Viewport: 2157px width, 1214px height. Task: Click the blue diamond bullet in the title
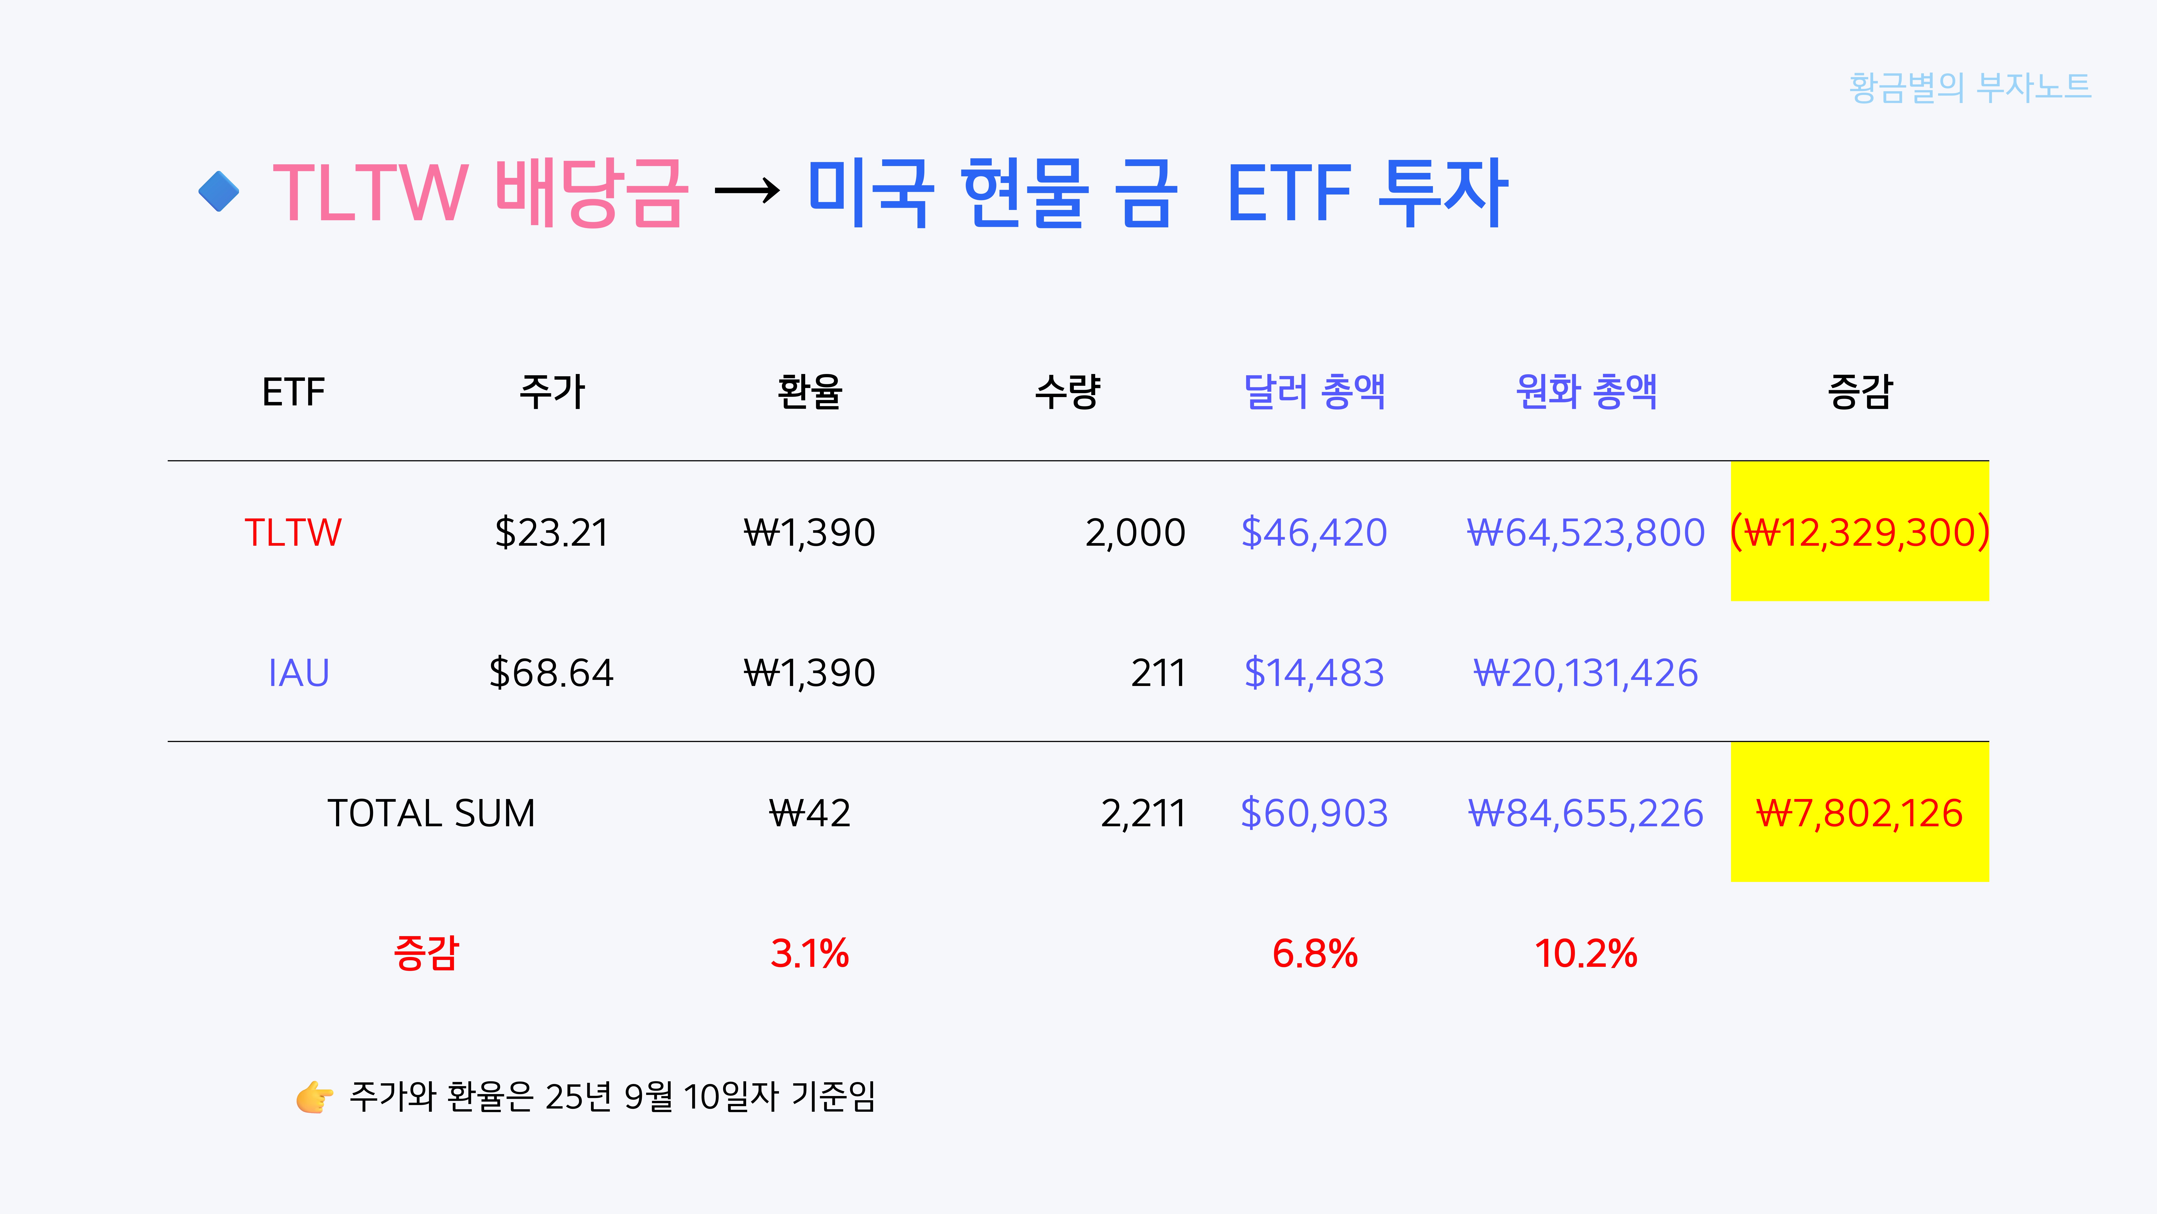[x=219, y=192]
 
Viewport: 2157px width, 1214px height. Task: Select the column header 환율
[x=809, y=391]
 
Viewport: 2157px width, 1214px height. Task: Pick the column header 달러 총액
[x=1314, y=391]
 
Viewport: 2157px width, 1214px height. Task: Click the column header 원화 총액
[x=1586, y=391]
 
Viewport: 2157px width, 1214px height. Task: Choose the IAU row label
[x=298, y=673]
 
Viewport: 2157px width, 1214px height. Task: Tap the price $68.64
[x=551, y=673]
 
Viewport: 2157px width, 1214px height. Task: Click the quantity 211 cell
[x=1158, y=673]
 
